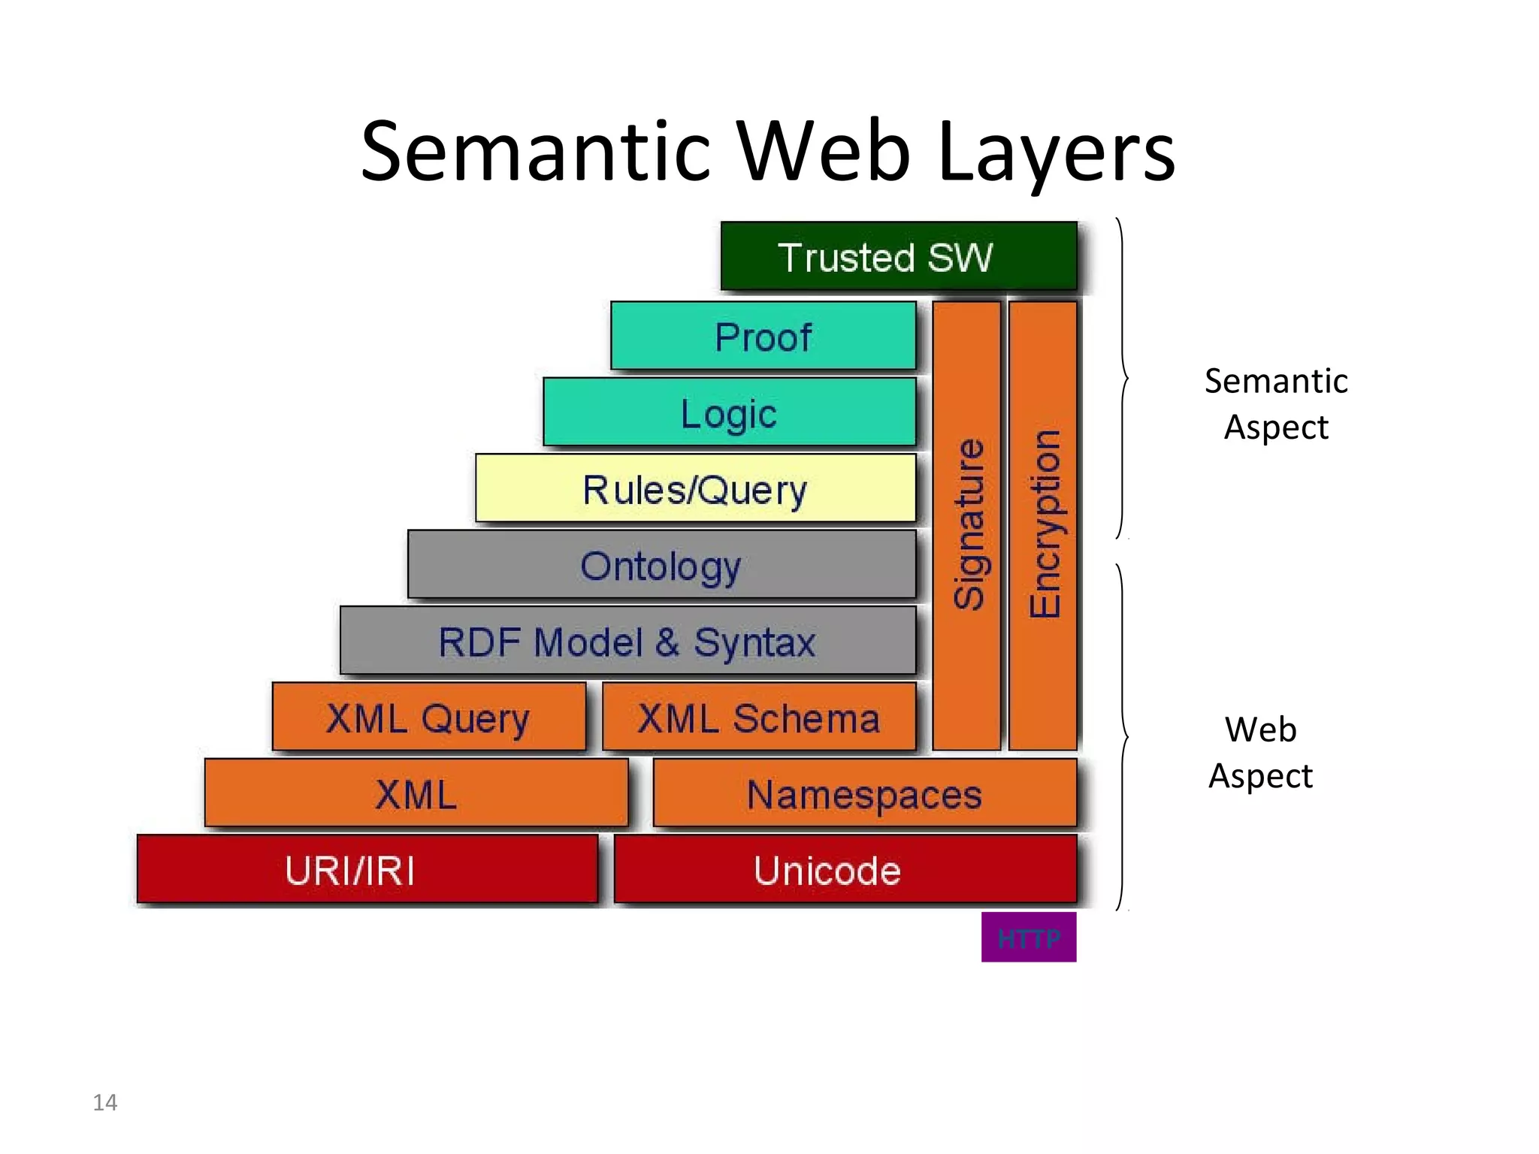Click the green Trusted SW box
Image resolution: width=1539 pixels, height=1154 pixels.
(x=899, y=256)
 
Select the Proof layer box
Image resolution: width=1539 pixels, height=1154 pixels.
(x=763, y=336)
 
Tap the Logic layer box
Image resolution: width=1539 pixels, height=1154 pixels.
(x=729, y=412)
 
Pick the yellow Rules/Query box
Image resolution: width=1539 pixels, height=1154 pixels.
(x=695, y=488)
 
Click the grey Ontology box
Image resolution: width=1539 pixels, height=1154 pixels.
(x=661, y=565)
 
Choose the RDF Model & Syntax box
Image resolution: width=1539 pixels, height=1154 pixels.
(x=627, y=641)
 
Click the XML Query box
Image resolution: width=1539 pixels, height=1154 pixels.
(x=428, y=717)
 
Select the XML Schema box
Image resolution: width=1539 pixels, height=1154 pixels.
(x=759, y=717)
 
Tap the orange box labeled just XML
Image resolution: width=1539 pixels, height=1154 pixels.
(x=416, y=793)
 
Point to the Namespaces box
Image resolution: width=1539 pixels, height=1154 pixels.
(x=864, y=793)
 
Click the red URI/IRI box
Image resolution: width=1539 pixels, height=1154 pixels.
(x=367, y=869)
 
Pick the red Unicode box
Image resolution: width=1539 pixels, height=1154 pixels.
(x=845, y=869)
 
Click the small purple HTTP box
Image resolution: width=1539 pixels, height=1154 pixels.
(x=1029, y=937)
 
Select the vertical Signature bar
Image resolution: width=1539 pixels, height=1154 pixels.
(x=967, y=525)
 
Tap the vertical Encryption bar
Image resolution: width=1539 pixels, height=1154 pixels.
(x=1043, y=525)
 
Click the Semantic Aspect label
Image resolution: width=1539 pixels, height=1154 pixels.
(x=1276, y=403)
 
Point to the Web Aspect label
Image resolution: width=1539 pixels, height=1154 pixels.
(x=1261, y=752)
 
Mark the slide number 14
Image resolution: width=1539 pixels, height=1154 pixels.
(x=105, y=1102)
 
